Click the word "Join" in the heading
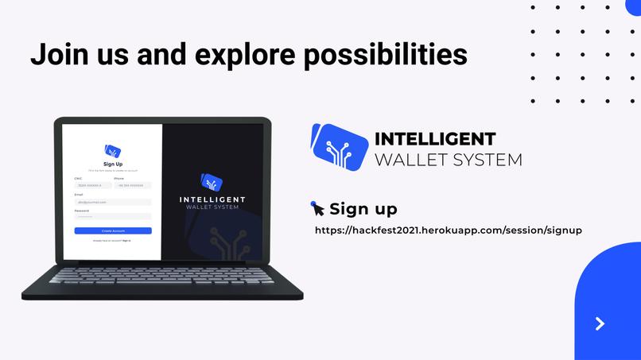coord(56,53)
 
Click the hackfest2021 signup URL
coord(449,230)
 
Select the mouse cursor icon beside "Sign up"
coord(317,208)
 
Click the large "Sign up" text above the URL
coord(363,209)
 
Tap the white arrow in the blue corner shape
coord(600,323)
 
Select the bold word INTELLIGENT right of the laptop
coord(435,139)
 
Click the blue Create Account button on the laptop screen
coord(113,230)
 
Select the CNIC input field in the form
coord(92,185)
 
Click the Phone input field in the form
coord(132,185)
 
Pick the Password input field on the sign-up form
coord(101,216)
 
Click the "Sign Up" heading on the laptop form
coord(113,164)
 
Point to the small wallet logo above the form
coord(112,150)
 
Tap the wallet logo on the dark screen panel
coord(212,182)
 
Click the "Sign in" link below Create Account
coord(126,240)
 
